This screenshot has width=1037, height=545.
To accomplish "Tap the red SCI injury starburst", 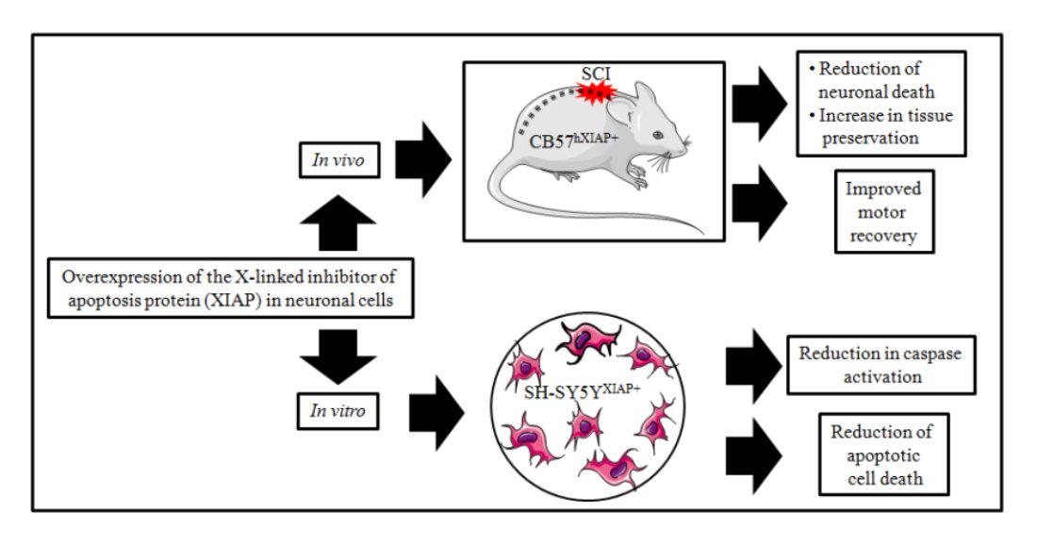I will (x=595, y=92).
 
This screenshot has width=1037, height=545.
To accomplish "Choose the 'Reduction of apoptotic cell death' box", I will (x=883, y=455).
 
